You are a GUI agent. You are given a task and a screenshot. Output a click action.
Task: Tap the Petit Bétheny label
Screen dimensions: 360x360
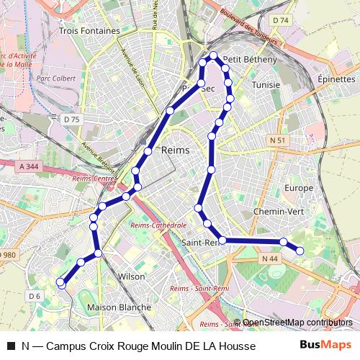click(250, 59)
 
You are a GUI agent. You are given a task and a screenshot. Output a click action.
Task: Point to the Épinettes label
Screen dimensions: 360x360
click(336, 78)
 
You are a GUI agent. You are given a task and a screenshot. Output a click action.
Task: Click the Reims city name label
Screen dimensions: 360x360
click(176, 150)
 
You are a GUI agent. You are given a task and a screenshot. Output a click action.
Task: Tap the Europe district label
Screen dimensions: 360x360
click(299, 187)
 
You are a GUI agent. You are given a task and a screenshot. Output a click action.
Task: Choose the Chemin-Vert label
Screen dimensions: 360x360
click(279, 212)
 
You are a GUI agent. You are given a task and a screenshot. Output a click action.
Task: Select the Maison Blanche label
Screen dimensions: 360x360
click(119, 307)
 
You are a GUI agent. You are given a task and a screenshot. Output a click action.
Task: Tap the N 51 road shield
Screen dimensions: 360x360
click(278, 140)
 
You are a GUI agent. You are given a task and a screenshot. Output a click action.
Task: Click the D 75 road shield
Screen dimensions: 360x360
click(71, 119)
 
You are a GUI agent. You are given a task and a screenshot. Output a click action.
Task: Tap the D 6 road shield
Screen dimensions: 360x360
click(34, 296)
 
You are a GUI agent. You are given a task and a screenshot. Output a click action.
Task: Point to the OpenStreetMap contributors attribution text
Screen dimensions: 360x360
click(297, 323)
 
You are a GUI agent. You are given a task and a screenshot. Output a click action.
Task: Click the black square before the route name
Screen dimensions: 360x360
click(10, 346)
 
